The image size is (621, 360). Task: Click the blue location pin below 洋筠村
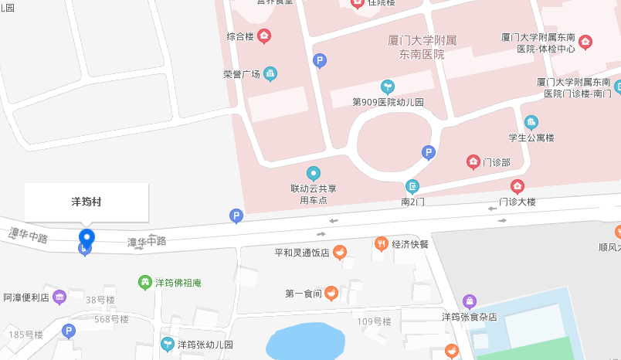click(87, 238)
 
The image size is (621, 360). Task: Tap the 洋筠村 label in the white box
click(87, 202)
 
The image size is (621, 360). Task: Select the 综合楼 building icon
click(264, 36)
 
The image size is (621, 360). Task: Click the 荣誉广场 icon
click(270, 74)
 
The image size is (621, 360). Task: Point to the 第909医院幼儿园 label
click(388, 102)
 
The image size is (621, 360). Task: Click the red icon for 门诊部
click(473, 161)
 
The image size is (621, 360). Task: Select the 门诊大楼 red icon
click(517, 186)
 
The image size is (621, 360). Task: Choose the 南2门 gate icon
click(413, 186)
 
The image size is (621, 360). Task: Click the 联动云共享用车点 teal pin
click(313, 173)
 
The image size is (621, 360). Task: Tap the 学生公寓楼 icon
click(531, 122)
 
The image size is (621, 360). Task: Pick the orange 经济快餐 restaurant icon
click(381, 244)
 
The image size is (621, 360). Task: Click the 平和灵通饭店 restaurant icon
click(340, 252)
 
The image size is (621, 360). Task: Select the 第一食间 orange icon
click(331, 293)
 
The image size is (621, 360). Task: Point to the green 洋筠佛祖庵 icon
click(144, 283)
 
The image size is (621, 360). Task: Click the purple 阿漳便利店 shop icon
click(59, 297)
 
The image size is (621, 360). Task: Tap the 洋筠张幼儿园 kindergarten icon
click(167, 344)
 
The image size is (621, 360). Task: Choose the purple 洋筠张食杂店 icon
click(469, 301)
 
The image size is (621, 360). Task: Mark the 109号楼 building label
click(374, 321)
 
